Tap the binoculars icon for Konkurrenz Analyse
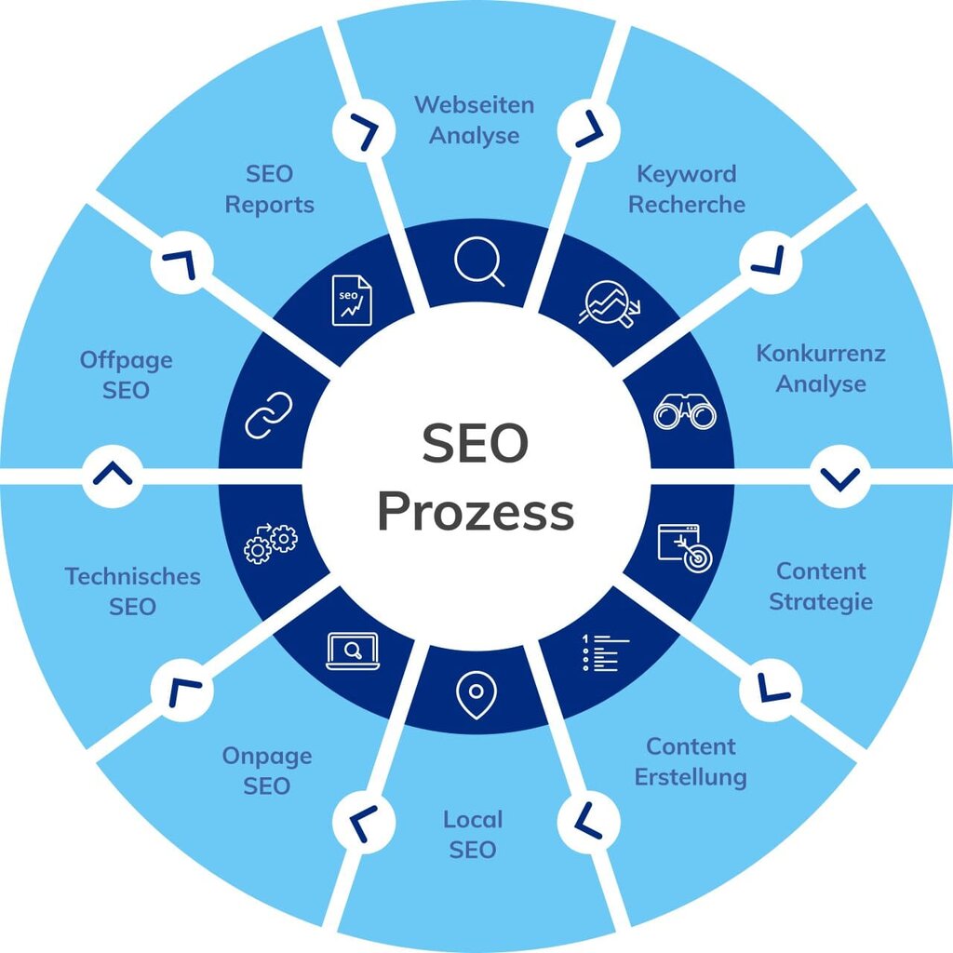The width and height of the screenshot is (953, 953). click(x=685, y=411)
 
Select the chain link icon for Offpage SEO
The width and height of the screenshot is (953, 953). click(x=268, y=414)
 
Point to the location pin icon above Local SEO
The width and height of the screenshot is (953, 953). click(x=476, y=694)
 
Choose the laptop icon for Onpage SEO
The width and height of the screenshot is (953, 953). click(x=353, y=651)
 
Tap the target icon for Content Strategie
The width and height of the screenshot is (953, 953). click(x=684, y=546)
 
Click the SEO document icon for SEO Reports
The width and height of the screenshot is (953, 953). click(x=352, y=300)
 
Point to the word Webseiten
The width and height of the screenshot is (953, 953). click(x=475, y=104)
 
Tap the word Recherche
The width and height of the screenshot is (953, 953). click(x=687, y=204)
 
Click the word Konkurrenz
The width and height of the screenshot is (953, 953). click(x=820, y=354)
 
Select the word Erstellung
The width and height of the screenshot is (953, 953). click(x=691, y=776)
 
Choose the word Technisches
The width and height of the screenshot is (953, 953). click(x=132, y=576)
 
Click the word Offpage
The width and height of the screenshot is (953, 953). click(x=126, y=360)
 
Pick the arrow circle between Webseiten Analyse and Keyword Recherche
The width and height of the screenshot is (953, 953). click(x=588, y=129)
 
